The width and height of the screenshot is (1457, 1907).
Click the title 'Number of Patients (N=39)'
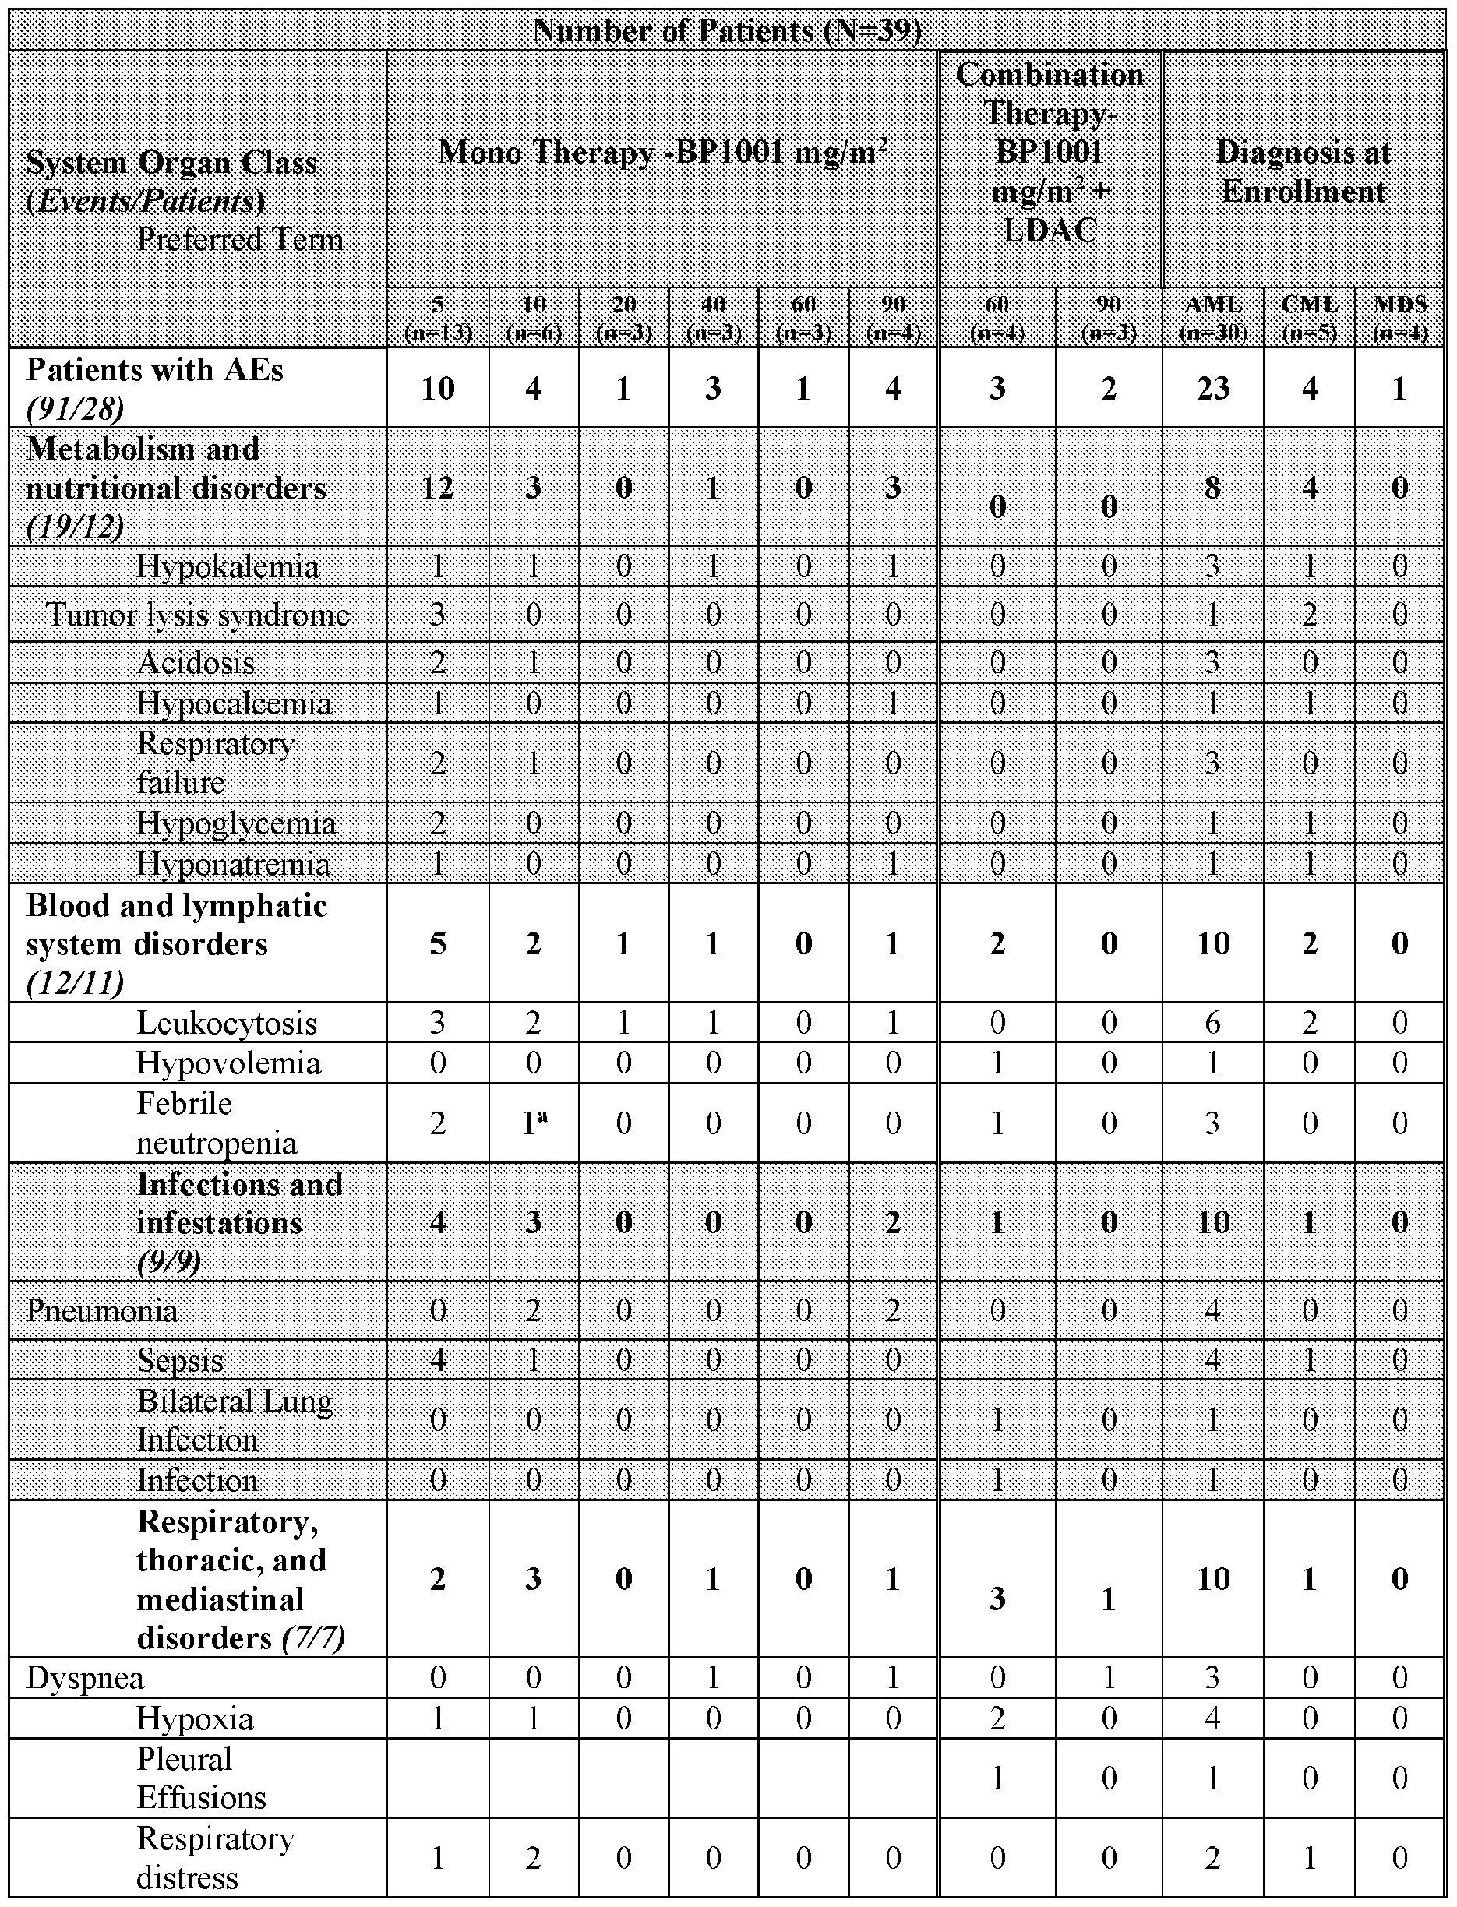[727, 31]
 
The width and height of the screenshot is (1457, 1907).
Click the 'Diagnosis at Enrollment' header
[1303, 171]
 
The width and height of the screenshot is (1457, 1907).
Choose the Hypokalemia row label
[228, 566]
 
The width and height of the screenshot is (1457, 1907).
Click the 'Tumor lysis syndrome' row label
[198, 614]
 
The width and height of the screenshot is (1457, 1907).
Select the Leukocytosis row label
[228, 1023]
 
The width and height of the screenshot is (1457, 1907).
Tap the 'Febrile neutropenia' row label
[217, 1123]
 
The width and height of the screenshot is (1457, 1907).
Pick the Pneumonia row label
[101, 1310]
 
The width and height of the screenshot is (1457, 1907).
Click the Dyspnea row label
[85, 1677]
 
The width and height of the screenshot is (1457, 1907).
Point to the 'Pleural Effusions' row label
[201, 1778]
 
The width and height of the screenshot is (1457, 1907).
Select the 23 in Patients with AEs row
[1212, 388]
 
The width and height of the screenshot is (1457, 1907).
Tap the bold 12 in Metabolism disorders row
[438, 488]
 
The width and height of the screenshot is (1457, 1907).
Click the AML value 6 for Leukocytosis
[1212, 1023]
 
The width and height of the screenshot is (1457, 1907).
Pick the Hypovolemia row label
[229, 1063]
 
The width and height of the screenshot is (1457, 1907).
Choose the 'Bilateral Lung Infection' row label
[235, 1419]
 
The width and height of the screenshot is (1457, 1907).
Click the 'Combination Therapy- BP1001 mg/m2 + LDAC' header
[1050, 153]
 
